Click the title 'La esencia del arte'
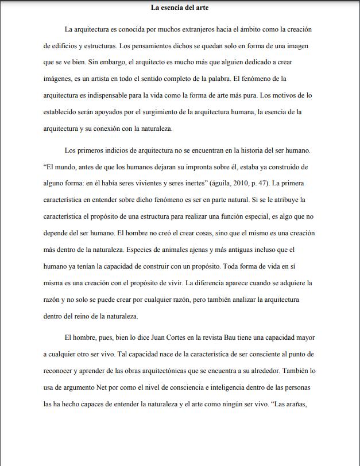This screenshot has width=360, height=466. [x=180, y=7]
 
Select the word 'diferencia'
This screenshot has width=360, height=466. [x=209, y=283]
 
